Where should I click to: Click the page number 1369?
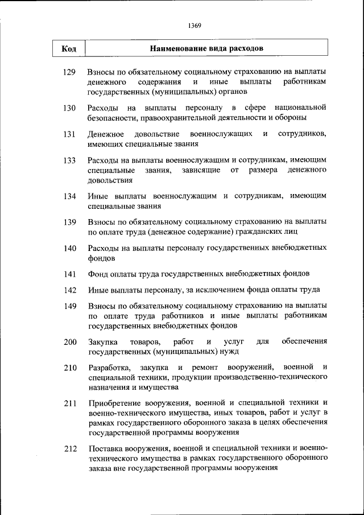[x=195, y=25]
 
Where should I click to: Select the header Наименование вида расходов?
[x=206, y=48]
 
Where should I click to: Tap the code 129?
[x=70, y=73]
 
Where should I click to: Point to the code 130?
[x=70, y=108]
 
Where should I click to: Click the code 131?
[x=70, y=134]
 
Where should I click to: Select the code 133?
[x=70, y=161]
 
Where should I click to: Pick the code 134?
[x=70, y=196]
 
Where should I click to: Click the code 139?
[x=70, y=222]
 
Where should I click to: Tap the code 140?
[x=70, y=248]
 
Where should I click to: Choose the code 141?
[x=70, y=274]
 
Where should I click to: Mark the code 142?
[x=70, y=290]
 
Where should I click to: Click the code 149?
[x=70, y=306]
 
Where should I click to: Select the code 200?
[x=70, y=342]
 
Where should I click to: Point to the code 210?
[x=70, y=368]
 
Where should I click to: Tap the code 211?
[x=70, y=403]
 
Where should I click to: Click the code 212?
[x=70, y=448]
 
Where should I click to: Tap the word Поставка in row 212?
[x=105, y=448]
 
